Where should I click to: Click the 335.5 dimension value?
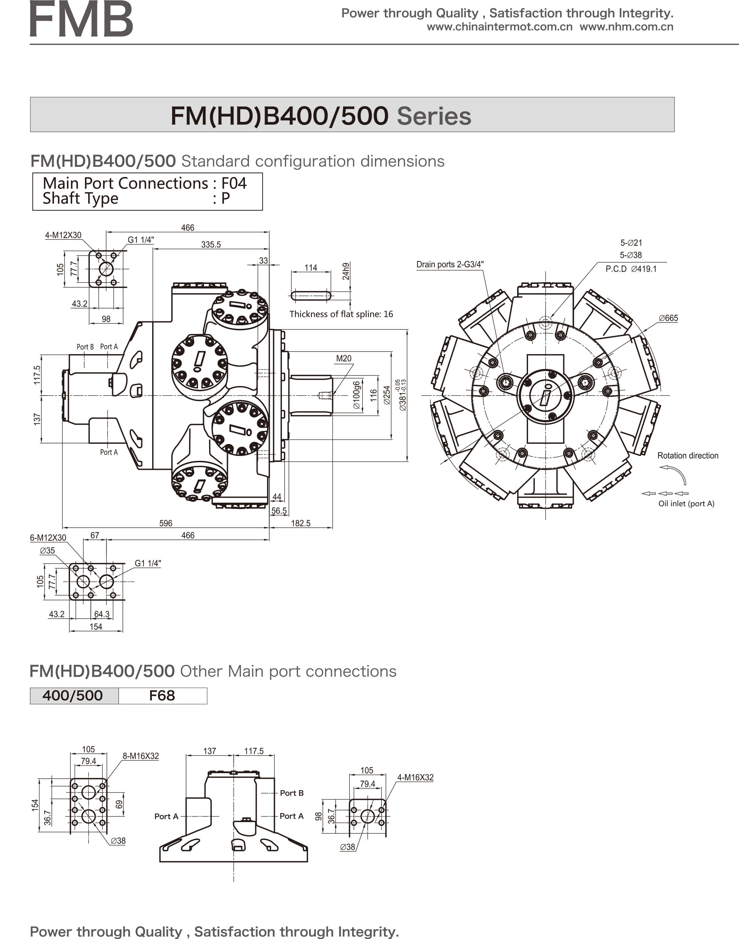pyautogui.click(x=211, y=244)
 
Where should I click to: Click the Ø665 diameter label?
pyautogui.click(x=668, y=318)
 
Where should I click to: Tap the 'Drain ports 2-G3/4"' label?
pyautogui.click(x=450, y=264)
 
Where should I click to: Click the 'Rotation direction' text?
pyautogui.click(x=687, y=456)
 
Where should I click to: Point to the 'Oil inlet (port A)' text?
pyautogui.click(x=686, y=503)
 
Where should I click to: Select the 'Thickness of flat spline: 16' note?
pyautogui.click(x=341, y=314)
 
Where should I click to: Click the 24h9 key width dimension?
pyautogui.click(x=346, y=271)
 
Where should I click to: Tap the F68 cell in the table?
pyautogui.click(x=162, y=696)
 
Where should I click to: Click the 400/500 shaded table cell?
pyautogui.click(x=73, y=696)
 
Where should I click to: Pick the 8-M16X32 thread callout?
pyautogui.click(x=141, y=756)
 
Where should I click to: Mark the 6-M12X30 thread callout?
pyautogui.click(x=48, y=538)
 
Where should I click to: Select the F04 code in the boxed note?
pyautogui.click(x=234, y=183)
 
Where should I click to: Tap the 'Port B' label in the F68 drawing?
pyautogui.click(x=292, y=793)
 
